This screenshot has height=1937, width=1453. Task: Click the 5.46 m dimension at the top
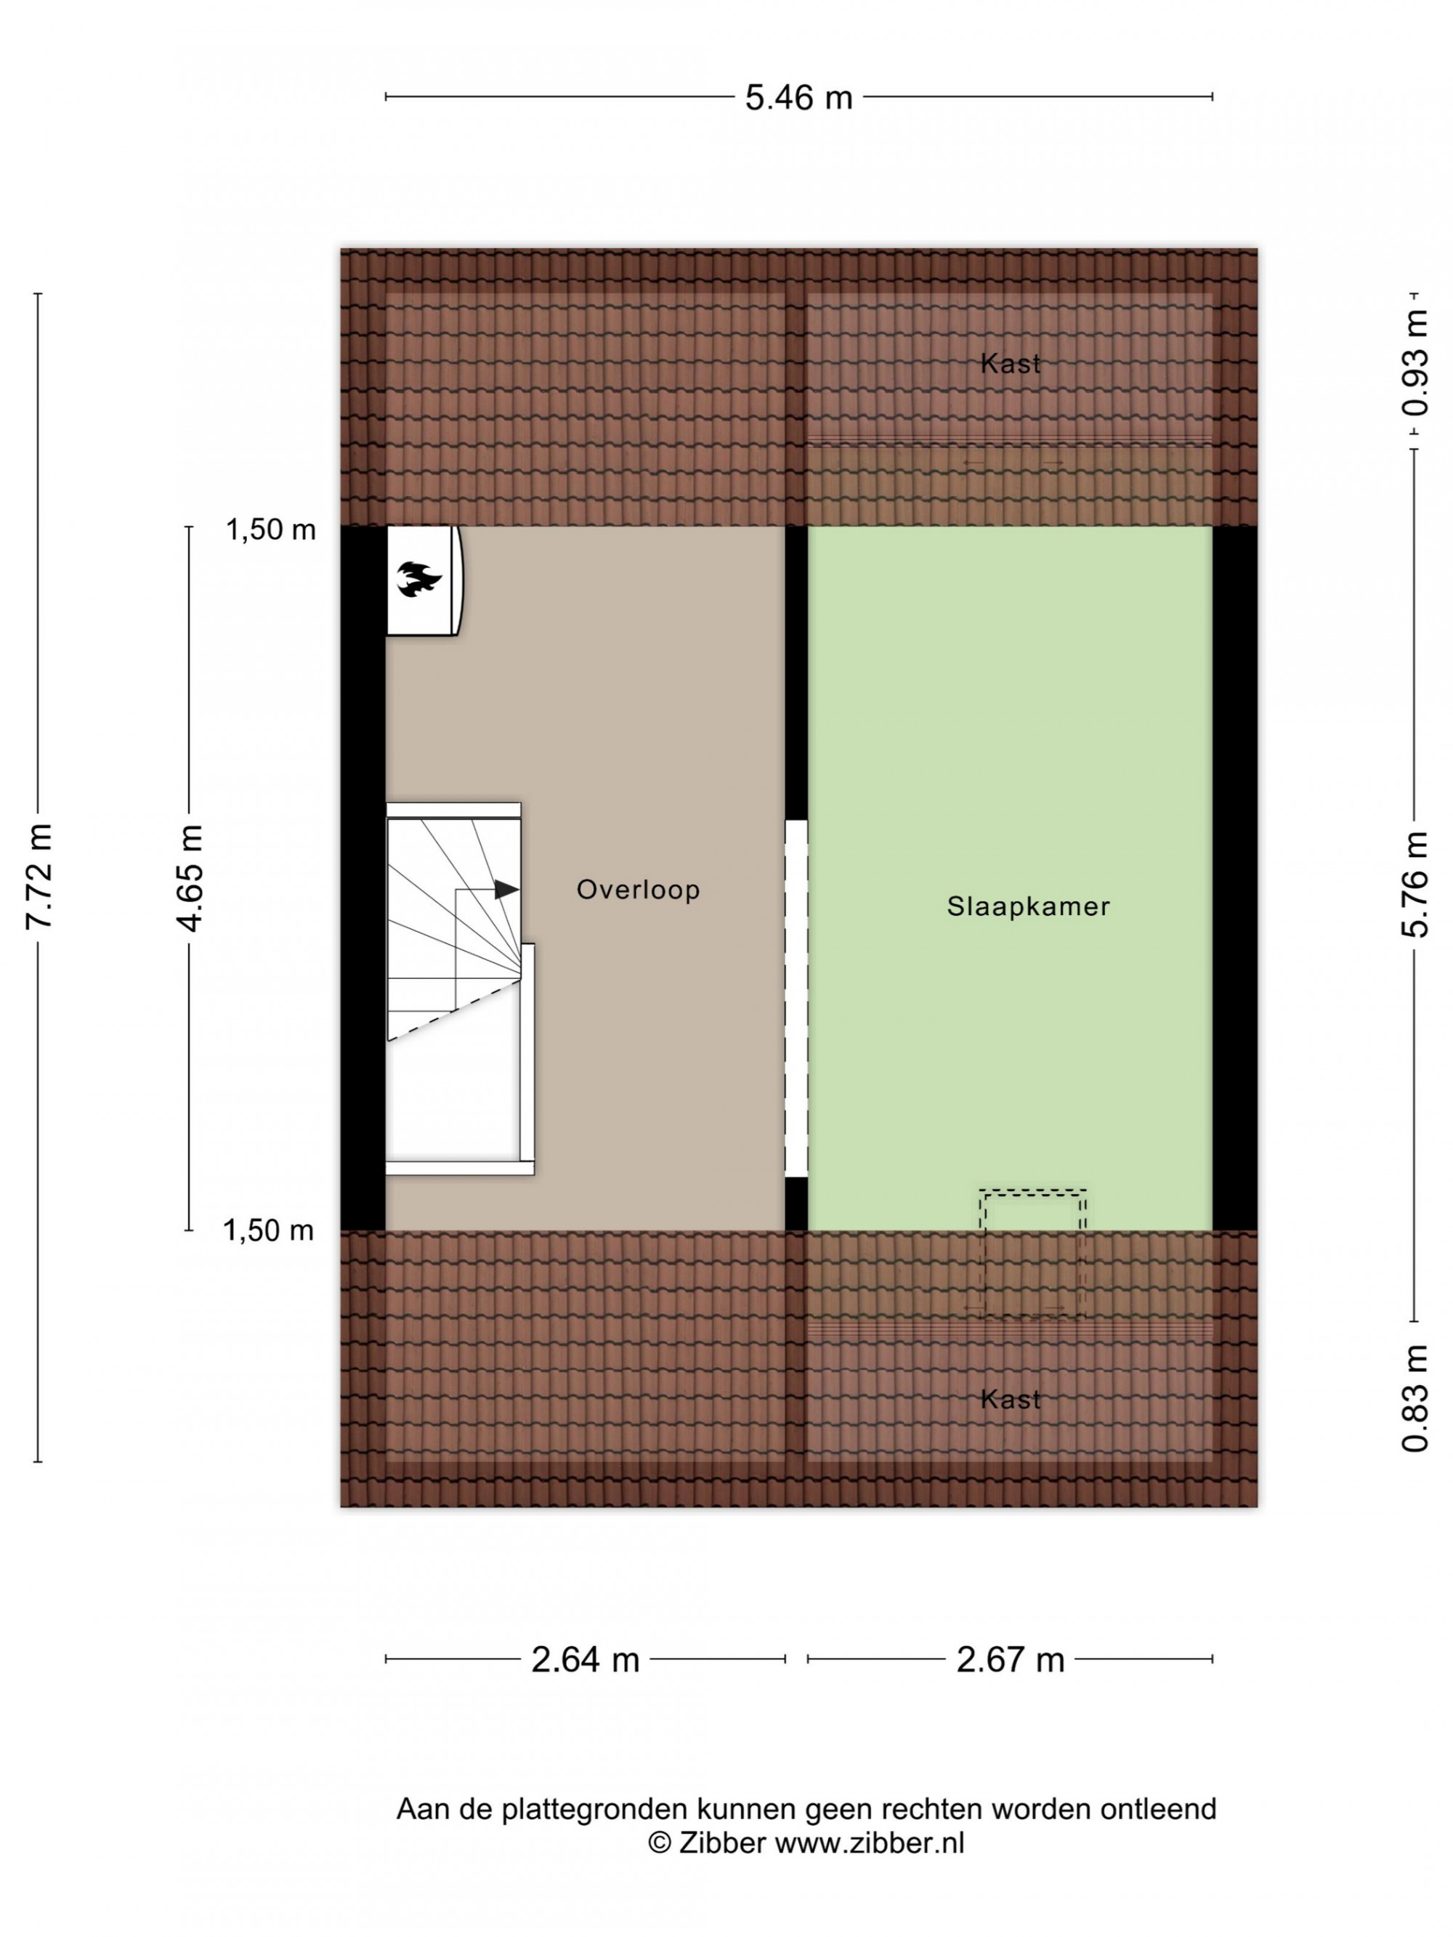coord(798,97)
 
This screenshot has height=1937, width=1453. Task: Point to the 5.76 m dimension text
coord(1414,884)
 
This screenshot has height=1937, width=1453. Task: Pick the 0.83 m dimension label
coord(1414,1398)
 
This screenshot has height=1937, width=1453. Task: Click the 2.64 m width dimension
coord(585,1659)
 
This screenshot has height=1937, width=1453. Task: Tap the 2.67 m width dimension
coord(1010,1659)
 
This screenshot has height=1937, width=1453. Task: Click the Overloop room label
coord(638,890)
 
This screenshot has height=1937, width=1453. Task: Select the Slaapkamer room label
coord(1027,906)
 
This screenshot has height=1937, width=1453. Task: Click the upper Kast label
coord(1010,363)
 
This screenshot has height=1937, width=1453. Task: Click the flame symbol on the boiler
coord(418,579)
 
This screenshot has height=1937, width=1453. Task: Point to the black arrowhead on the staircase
coord(507,890)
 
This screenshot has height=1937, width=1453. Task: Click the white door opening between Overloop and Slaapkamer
coord(796,998)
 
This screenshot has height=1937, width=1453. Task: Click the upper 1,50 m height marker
coord(271,529)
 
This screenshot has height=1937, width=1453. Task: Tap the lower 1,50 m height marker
coord(268,1230)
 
